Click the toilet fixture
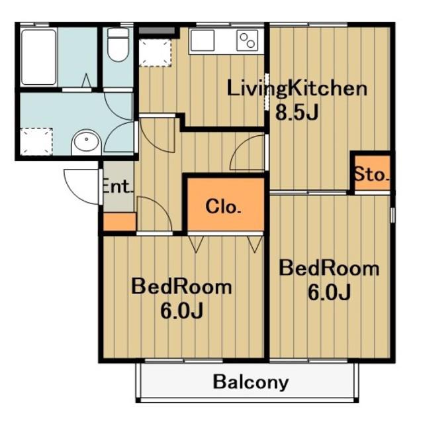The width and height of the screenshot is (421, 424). click(118, 44)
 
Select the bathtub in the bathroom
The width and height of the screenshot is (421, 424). click(39, 57)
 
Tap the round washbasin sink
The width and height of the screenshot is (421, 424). click(86, 140)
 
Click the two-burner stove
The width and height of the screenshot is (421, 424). click(247, 40)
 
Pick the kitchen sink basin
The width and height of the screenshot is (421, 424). click(203, 40)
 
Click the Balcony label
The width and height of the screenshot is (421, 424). click(251, 382)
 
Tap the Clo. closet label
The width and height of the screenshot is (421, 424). click(223, 207)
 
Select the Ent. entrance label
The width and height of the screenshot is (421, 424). click(118, 186)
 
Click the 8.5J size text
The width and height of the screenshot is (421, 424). click(297, 112)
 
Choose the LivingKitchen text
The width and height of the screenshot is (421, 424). click(297, 88)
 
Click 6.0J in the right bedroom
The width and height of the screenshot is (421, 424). click(329, 292)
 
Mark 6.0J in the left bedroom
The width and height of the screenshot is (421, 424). click(181, 310)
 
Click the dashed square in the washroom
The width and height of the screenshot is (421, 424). click(36, 142)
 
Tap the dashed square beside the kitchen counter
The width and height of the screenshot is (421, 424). click(155, 53)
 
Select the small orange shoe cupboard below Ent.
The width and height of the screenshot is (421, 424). click(119, 222)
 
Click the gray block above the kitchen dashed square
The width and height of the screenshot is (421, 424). click(157, 30)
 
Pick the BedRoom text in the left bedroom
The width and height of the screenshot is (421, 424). click(181, 287)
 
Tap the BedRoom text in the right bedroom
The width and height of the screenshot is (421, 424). click(329, 268)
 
